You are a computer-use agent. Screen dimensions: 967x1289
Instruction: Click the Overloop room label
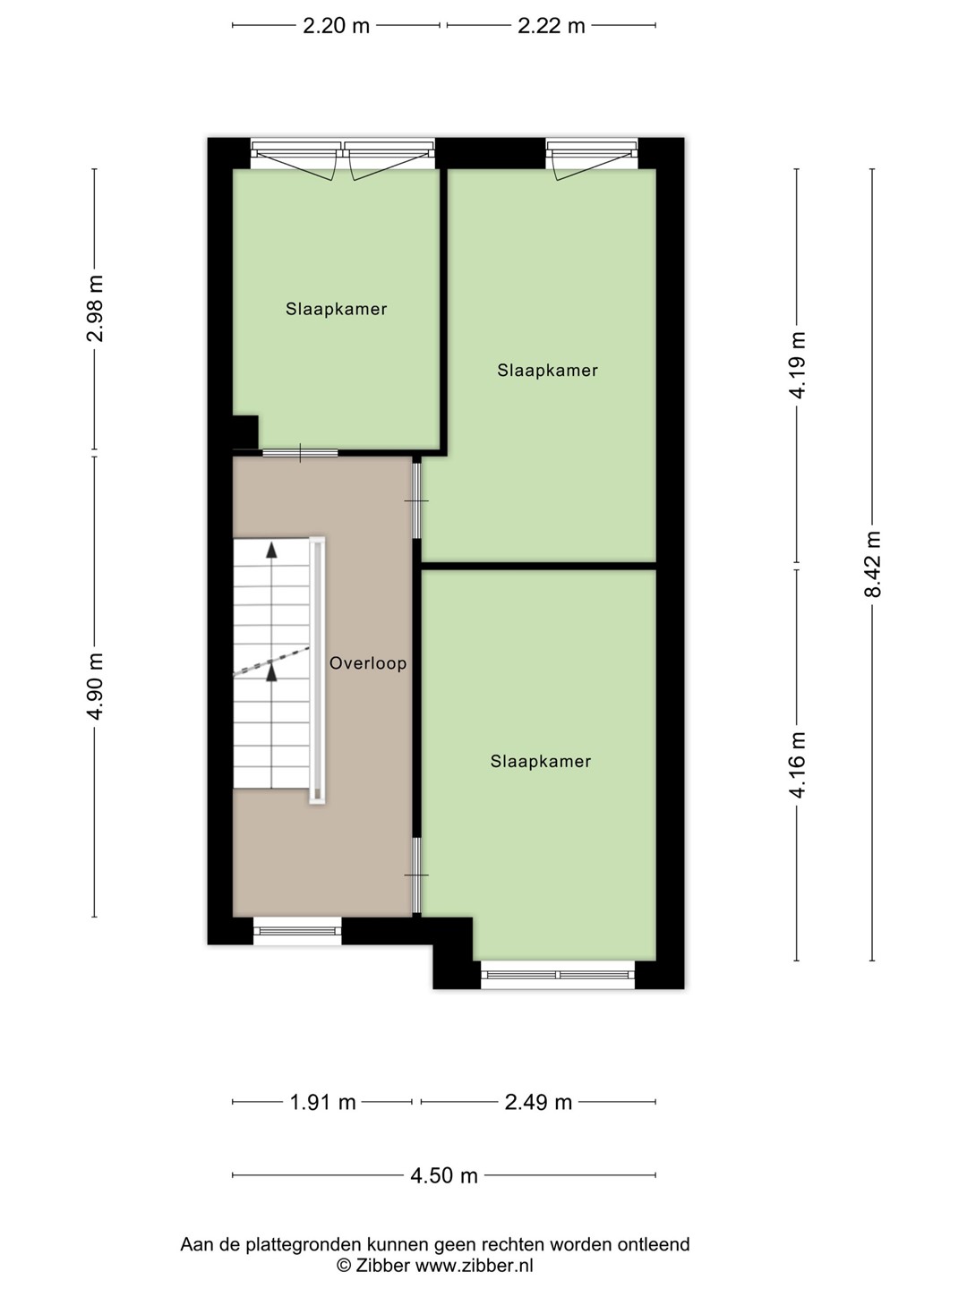click(367, 663)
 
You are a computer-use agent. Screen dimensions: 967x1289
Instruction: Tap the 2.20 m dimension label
click(336, 26)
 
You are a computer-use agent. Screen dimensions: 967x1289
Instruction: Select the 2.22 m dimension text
click(552, 26)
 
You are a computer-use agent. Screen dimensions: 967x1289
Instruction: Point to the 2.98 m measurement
click(95, 308)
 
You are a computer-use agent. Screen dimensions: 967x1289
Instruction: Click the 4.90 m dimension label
click(95, 686)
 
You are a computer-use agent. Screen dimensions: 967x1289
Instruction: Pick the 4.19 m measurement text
click(797, 364)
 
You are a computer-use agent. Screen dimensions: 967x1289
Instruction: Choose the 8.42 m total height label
click(872, 564)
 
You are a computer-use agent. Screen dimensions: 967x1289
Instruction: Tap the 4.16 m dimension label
click(797, 765)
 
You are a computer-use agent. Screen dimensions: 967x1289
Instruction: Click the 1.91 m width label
click(323, 1102)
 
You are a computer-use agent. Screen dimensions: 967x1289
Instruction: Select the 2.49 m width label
click(538, 1102)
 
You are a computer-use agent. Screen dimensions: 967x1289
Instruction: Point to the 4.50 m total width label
click(444, 1175)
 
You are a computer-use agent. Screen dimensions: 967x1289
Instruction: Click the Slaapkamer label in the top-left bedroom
click(337, 309)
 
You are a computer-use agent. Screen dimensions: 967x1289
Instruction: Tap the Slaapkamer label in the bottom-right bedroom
click(541, 761)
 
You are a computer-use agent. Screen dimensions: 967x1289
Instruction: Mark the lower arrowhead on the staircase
click(271, 672)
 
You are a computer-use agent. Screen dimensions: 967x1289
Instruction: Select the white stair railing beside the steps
click(317, 670)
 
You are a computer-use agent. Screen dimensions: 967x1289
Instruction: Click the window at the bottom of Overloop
click(297, 931)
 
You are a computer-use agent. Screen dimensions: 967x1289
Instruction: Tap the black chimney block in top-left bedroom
click(245, 432)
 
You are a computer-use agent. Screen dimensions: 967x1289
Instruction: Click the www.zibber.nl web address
click(475, 1266)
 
